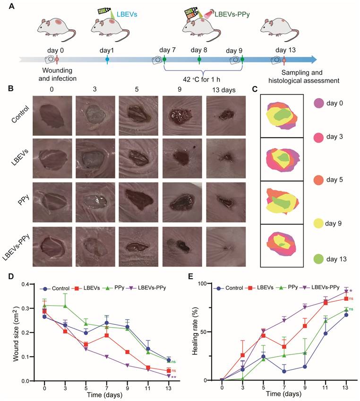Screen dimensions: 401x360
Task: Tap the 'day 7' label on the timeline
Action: (168, 50)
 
